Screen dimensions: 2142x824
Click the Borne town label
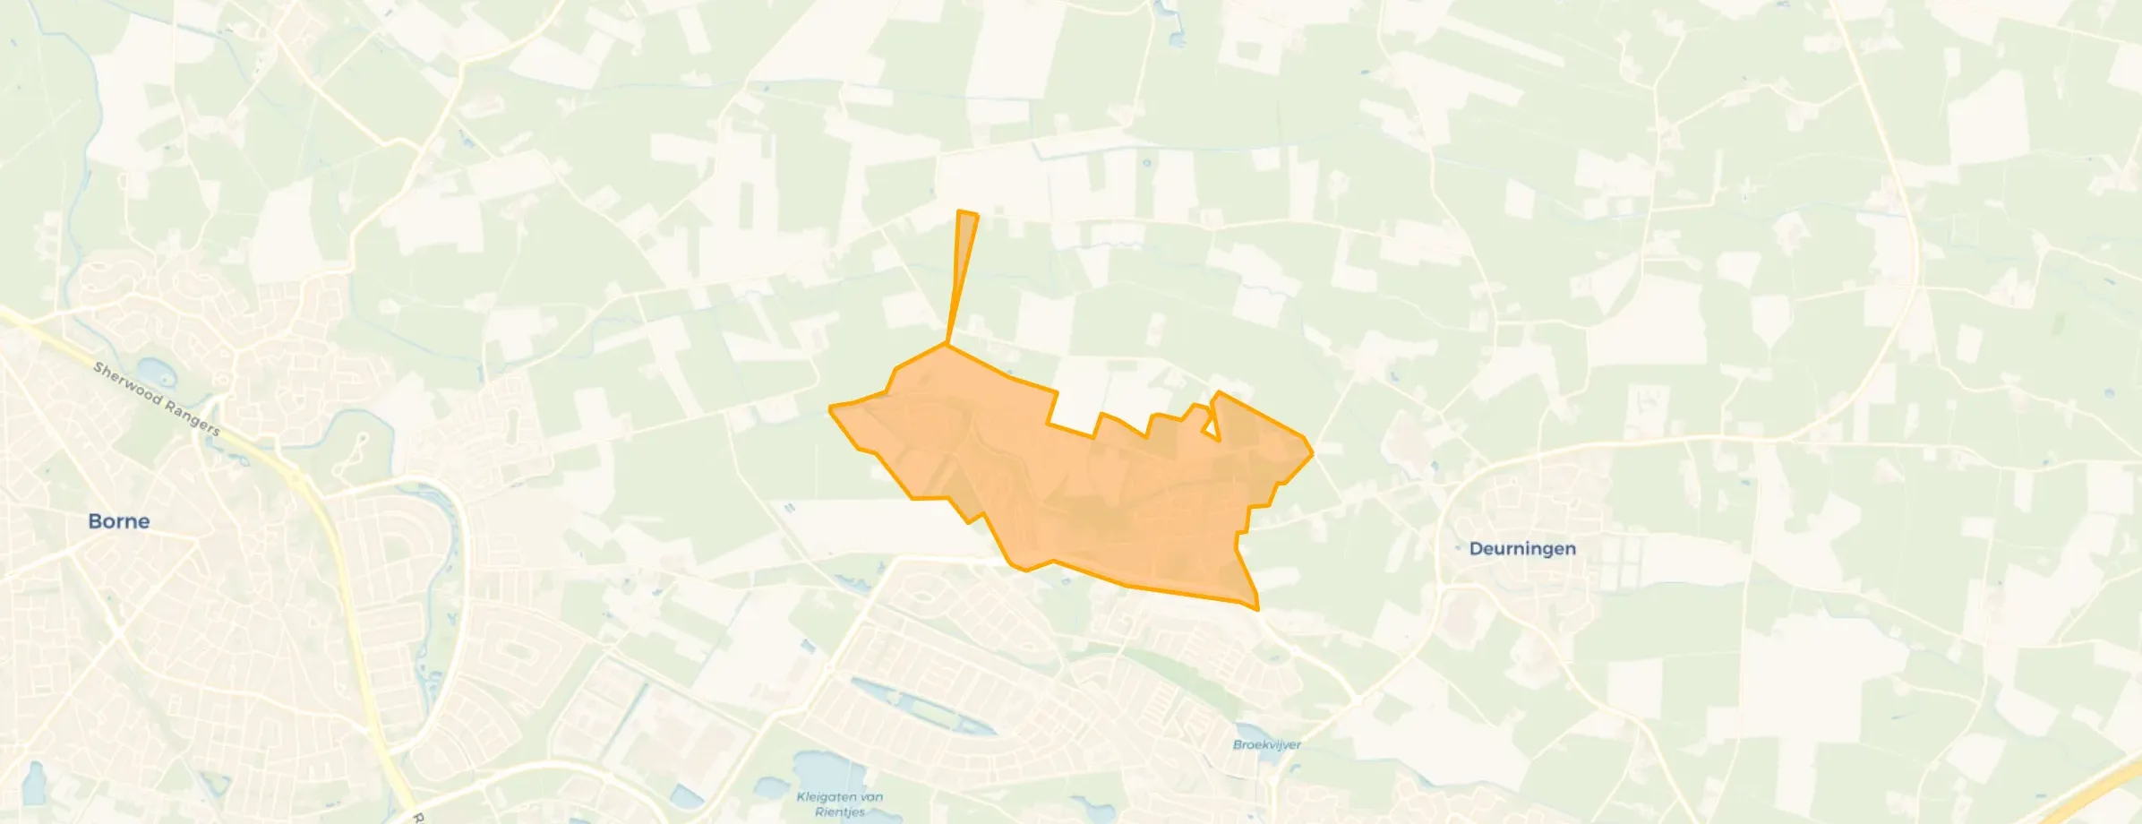coord(118,521)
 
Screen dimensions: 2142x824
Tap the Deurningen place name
coord(1522,548)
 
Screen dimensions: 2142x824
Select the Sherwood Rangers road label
coord(156,399)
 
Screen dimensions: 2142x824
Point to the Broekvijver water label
coord(1266,744)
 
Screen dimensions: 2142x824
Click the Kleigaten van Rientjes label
coord(840,803)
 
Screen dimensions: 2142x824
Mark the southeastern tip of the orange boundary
coord(1257,609)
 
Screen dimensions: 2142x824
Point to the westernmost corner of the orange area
coord(831,408)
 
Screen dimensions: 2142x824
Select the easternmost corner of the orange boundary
coord(1313,452)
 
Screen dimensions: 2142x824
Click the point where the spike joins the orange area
coord(947,343)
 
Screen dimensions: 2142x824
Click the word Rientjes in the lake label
coord(840,811)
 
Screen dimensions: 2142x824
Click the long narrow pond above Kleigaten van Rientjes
coord(922,708)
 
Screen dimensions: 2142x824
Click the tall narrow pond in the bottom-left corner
coord(33,784)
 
